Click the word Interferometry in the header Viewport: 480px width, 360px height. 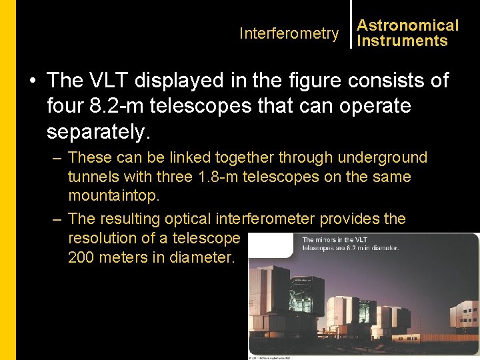pyautogui.click(x=289, y=33)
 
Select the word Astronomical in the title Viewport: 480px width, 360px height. pyautogui.click(x=408, y=25)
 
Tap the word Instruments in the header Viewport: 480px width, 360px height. pyautogui.click(x=402, y=41)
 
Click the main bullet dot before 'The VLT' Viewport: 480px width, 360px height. pyautogui.click(x=32, y=81)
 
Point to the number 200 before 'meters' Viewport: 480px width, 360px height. pyautogui.click(x=81, y=257)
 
